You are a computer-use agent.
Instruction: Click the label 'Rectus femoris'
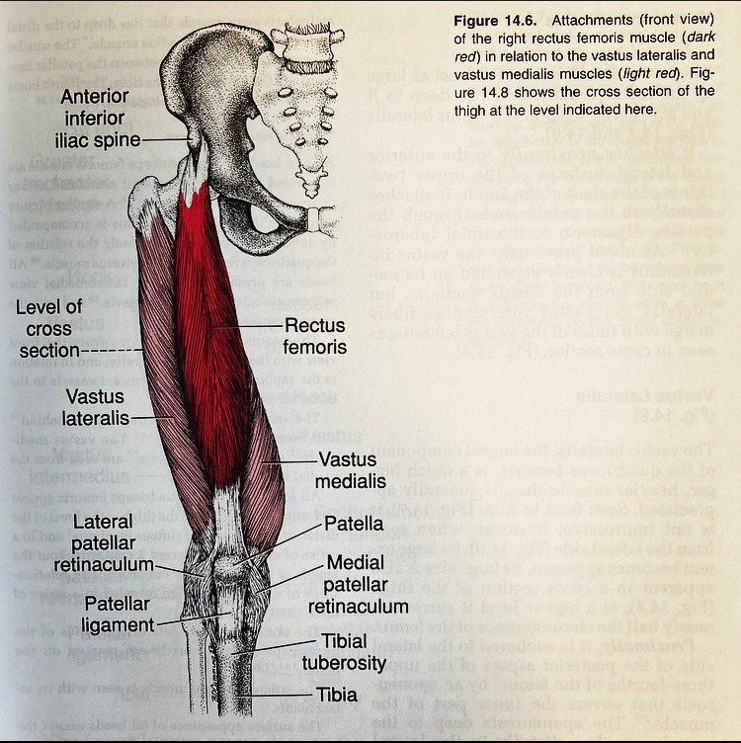(x=315, y=336)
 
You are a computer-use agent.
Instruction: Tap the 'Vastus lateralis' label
(x=95, y=407)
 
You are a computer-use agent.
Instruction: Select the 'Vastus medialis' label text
(x=350, y=470)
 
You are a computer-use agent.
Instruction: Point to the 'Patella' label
(x=354, y=524)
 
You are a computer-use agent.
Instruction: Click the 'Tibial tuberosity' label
(x=344, y=652)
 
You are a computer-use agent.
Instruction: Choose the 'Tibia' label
(x=337, y=696)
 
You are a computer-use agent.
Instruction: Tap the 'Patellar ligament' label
(x=118, y=615)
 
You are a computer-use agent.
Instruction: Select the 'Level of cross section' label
(x=48, y=329)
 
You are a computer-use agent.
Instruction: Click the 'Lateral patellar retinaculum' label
(x=104, y=543)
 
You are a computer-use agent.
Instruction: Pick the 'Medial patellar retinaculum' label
(x=359, y=585)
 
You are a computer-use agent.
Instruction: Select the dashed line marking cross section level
(x=112, y=351)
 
